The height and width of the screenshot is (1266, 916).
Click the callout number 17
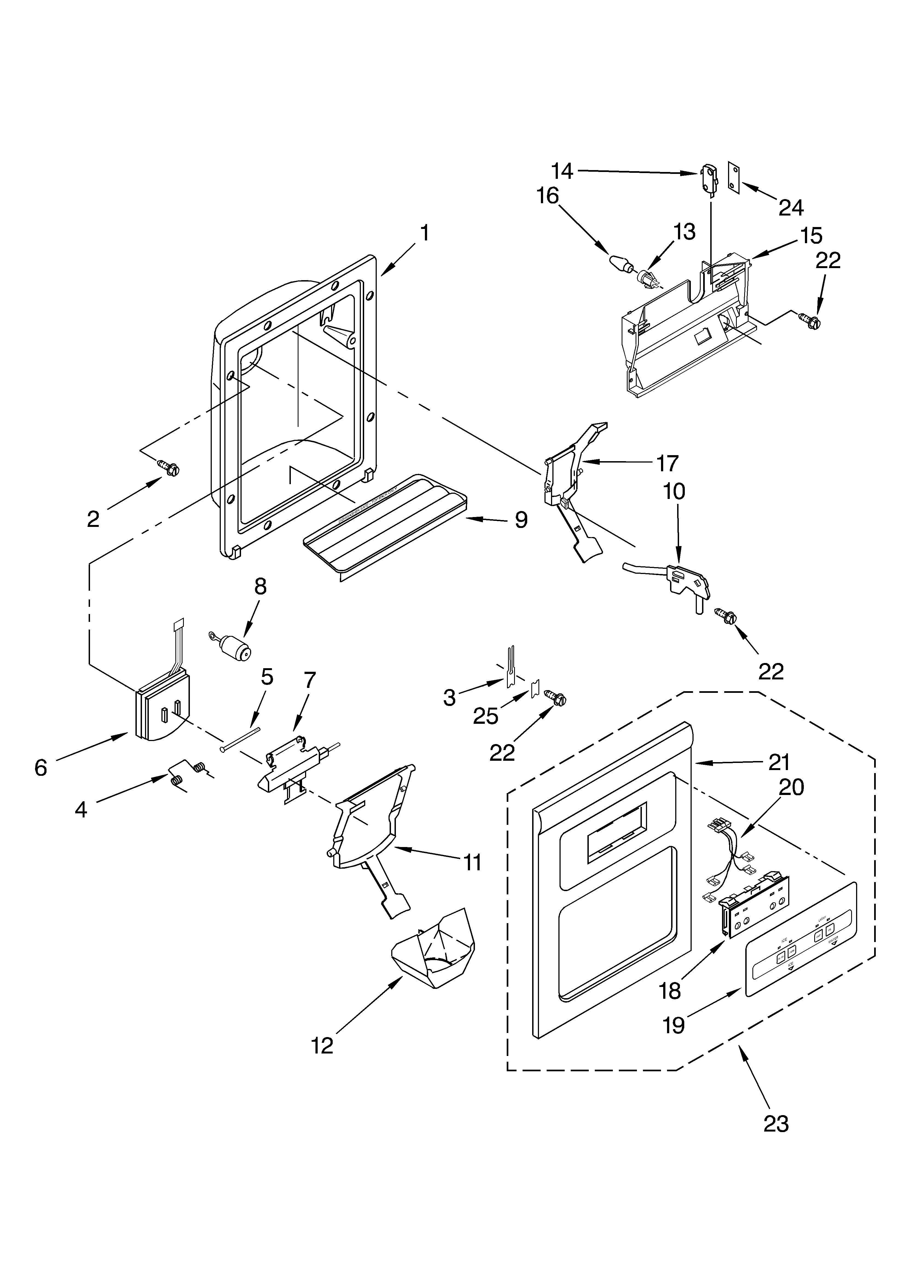pyautogui.click(x=667, y=463)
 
